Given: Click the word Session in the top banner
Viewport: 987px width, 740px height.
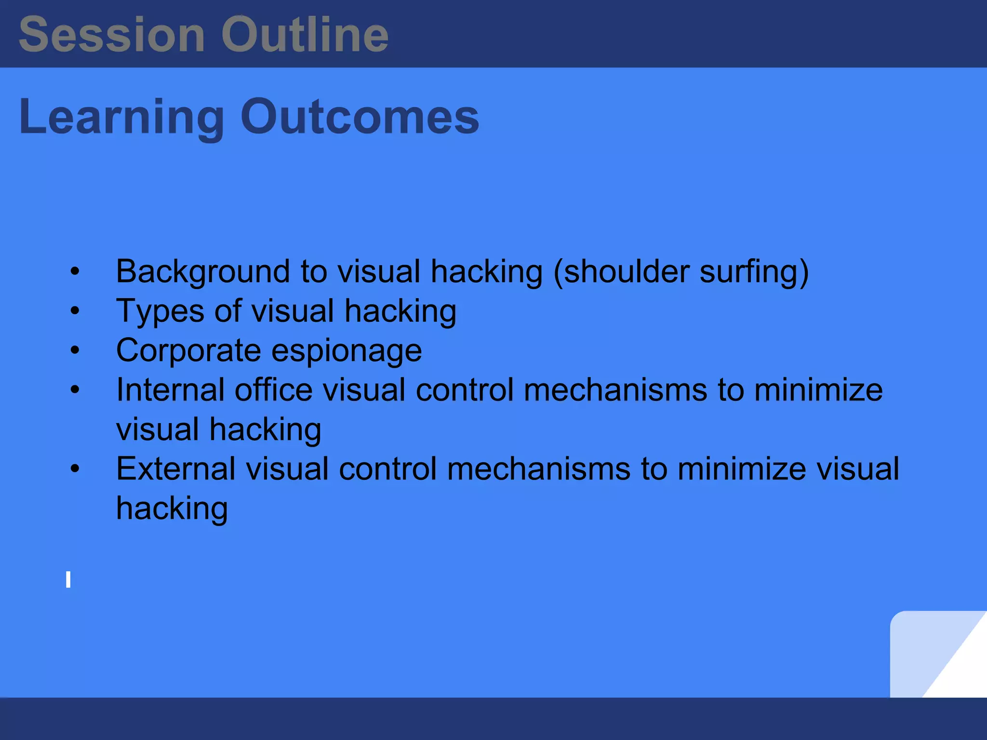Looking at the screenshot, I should [x=112, y=35].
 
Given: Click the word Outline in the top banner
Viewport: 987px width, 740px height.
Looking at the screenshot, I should [x=305, y=35].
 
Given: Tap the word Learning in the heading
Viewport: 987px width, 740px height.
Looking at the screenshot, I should [x=121, y=117].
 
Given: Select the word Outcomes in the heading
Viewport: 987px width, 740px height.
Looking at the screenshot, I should [x=360, y=117].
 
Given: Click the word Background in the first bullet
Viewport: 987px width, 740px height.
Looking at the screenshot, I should [x=202, y=272].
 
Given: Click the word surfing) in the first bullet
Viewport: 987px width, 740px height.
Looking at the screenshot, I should [x=754, y=272].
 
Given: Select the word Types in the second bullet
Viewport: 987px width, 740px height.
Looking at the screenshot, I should [x=160, y=311].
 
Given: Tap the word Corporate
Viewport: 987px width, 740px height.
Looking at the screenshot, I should [x=188, y=351].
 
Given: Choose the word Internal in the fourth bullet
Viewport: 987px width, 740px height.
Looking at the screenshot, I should [x=170, y=389].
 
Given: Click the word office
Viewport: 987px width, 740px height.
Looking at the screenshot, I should [x=273, y=389].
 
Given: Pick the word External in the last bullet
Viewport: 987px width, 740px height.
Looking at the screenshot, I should [x=176, y=468].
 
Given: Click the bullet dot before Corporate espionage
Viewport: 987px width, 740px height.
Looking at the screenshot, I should [x=75, y=351].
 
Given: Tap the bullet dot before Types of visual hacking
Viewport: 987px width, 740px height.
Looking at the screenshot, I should [x=75, y=311].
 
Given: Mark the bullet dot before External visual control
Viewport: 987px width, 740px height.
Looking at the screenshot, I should [x=75, y=468].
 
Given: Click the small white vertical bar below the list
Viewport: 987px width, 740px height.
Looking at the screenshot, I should [x=68, y=580].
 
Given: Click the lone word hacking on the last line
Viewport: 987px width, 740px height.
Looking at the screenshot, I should [x=172, y=509].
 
